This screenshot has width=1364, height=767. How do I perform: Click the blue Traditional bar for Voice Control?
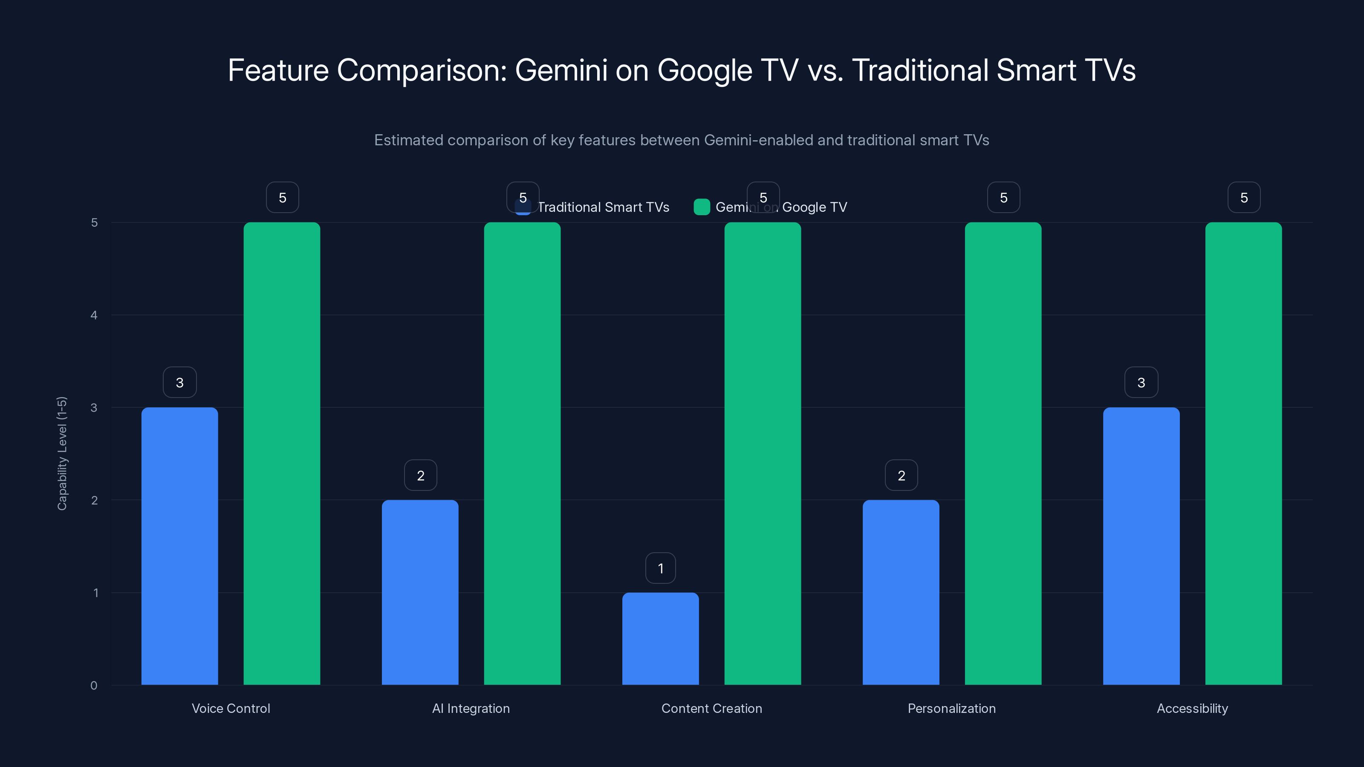point(179,546)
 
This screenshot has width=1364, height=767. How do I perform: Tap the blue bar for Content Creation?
point(660,638)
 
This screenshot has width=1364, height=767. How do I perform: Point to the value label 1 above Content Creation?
point(660,568)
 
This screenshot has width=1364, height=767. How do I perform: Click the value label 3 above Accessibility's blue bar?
point(1141,382)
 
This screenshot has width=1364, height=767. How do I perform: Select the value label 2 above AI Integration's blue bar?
point(420,476)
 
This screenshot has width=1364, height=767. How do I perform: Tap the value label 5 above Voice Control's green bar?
point(282,197)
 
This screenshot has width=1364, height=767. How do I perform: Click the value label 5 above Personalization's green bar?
point(1003,197)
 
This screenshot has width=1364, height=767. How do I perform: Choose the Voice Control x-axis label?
point(231,708)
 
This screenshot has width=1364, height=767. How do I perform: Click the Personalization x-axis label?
point(951,708)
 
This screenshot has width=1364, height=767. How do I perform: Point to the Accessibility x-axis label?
point(1192,708)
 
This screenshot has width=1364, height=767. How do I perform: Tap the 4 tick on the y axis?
point(94,315)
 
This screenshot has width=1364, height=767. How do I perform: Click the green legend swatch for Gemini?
point(702,207)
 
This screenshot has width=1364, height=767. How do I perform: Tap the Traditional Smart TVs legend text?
point(604,207)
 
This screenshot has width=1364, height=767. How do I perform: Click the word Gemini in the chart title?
point(561,70)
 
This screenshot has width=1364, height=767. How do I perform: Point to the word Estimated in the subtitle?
point(408,140)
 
